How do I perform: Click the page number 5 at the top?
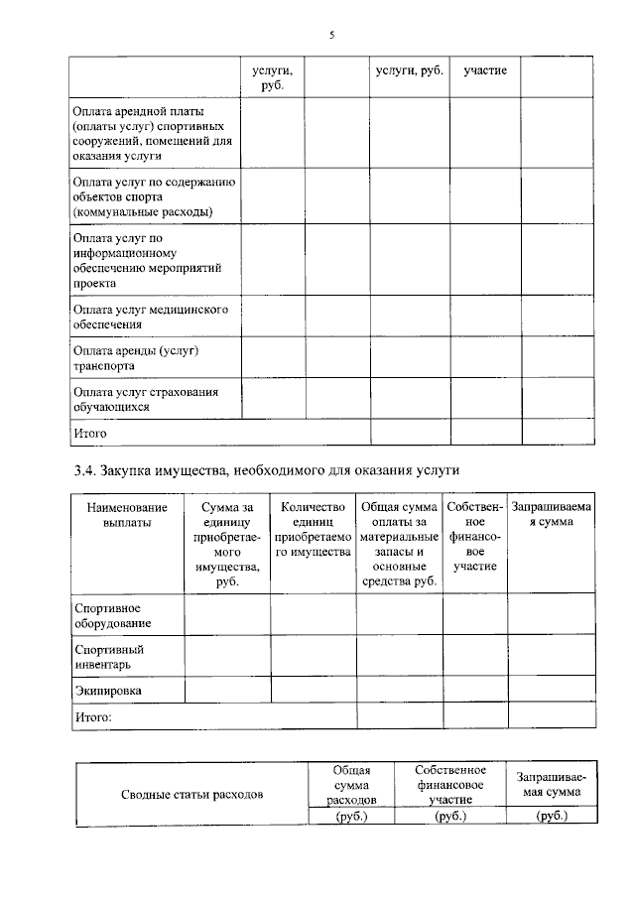(x=331, y=37)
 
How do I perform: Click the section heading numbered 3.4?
(x=267, y=468)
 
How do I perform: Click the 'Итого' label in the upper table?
(x=90, y=433)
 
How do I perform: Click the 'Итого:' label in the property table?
(x=92, y=714)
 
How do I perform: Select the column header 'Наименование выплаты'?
(x=127, y=515)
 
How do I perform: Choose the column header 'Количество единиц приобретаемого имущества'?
(x=313, y=530)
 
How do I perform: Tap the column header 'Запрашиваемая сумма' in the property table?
(x=551, y=515)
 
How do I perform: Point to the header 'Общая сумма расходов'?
(x=351, y=784)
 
